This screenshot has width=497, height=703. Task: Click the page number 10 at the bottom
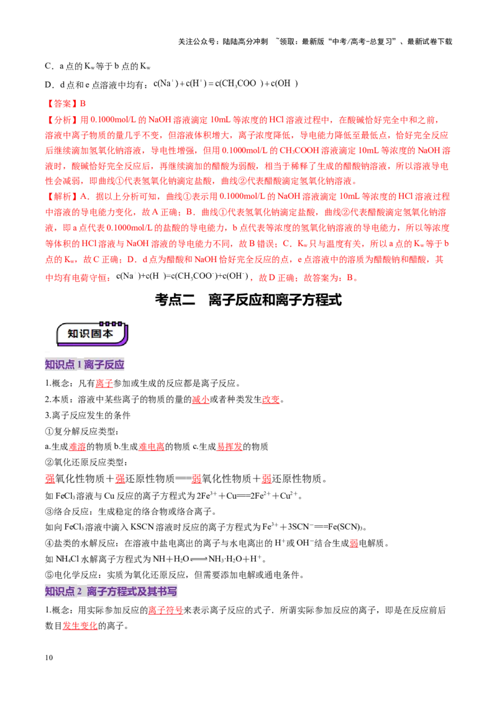click(49, 657)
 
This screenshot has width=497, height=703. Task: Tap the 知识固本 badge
click(92, 333)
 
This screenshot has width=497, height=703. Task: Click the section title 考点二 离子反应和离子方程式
click(248, 299)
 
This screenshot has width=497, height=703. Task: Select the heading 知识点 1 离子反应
click(84, 365)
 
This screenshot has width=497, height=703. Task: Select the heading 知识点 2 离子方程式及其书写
click(111, 591)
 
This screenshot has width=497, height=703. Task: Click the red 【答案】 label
click(62, 104)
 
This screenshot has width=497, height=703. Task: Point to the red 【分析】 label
click(62, 120)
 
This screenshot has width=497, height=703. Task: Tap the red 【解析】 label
click(62, 196)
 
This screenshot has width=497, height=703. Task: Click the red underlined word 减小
click(201, 399)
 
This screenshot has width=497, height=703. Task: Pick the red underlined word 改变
click(270, 399)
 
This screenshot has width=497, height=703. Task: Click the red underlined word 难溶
click(77, 447)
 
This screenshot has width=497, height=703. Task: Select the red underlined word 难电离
click(152, 447)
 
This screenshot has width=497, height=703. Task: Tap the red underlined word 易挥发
click(230, 447)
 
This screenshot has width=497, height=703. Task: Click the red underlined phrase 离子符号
click(165, 610)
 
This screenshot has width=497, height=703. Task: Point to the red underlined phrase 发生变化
click(80, 626)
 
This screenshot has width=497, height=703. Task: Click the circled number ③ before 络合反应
click(49, 512)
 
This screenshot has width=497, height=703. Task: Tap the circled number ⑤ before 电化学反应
click(49, 575)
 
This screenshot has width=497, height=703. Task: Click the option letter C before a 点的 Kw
click(48, 66)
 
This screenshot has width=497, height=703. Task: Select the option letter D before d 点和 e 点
click(48, 84)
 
